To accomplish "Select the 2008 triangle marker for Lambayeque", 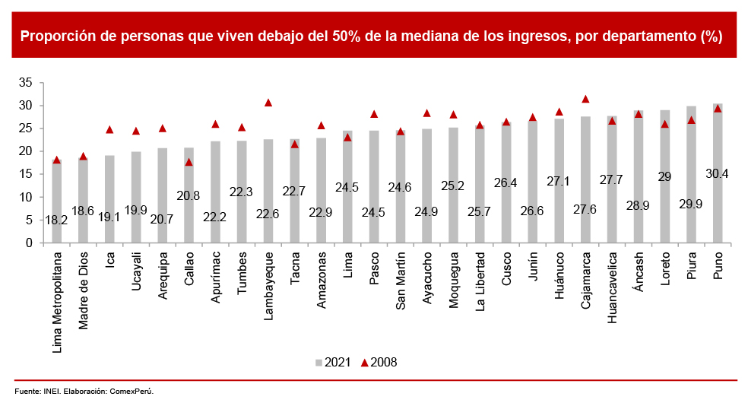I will (268, 103).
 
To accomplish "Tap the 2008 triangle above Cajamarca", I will (585, 99).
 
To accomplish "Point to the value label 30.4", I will (718, 174).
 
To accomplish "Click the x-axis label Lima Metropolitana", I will (57, 296).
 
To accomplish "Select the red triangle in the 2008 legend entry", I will (364, 363).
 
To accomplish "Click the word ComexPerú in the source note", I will (136, 392).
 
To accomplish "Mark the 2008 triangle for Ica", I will (109, 130).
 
